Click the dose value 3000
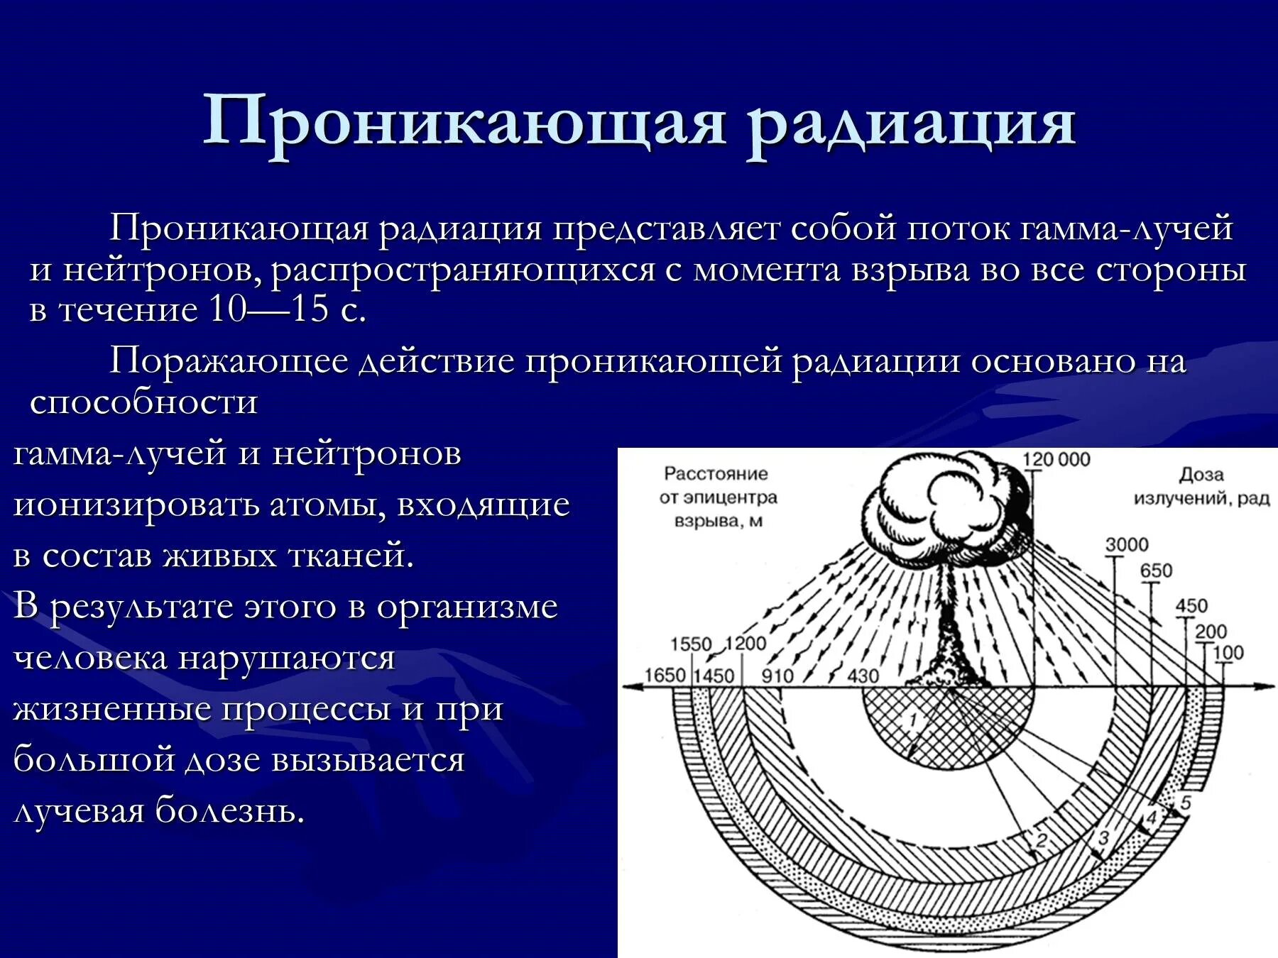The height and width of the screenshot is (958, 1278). [1126, 545]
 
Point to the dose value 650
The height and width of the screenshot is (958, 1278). [1156, 571]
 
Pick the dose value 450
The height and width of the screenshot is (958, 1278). [1191, 606]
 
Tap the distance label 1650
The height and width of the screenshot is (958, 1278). [665, 675]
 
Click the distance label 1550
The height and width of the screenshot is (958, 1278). [691, 644]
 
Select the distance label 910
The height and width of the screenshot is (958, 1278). [777, 675]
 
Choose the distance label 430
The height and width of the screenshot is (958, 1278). [863, 675]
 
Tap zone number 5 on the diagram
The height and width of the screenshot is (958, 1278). [1185, 803]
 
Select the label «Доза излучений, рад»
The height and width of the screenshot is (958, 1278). [1201, 487]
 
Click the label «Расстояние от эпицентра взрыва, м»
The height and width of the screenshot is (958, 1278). [717, 497]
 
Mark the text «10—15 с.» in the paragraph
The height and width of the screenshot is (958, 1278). [288, 310]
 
